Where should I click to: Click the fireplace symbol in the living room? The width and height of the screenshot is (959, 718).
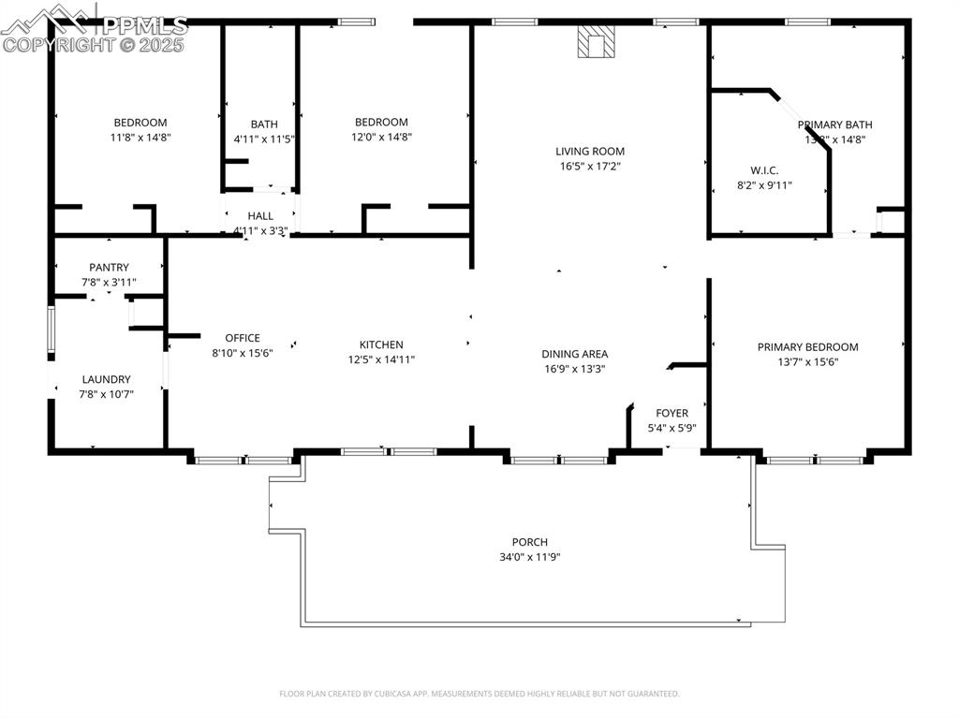pyautogui.click(x=596, y=42)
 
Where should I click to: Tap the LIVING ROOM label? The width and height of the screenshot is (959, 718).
pyautogui.click(x=589, y=151)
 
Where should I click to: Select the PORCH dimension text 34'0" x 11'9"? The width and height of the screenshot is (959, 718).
pyautogui.click(x=529, y=557)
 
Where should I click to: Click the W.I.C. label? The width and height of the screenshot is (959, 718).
pyautogui.click(x=764, y=170)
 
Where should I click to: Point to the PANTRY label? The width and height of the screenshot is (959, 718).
pyautogui.click(x=109, y=268)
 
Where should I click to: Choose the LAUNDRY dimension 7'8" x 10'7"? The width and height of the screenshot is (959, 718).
pyautogui.click(x=107, y=394)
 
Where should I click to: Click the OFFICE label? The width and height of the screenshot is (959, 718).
pyautogui.click(x=243, y=338)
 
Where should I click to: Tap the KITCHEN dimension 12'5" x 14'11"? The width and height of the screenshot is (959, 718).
pyautogui.click(x=381, y=359)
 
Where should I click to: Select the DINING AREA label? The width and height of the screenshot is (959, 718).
pyautogui.click(x=574, y=354)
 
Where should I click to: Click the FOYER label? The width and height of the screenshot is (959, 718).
pyautogui.click(x=671, y=413)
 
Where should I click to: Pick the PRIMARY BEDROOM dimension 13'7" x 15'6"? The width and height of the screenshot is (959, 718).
pyautogui.click(x=807, y=361)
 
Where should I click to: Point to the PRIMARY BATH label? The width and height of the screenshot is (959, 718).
pyautogui.click(x=834, y=125)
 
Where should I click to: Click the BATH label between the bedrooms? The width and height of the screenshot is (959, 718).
pyautogui.click(x=264, y=125)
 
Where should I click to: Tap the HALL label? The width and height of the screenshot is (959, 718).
pyautogui.click(x=260, y=216)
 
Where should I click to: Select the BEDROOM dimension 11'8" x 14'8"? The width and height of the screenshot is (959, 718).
pyautogui.click(x=140, y=137)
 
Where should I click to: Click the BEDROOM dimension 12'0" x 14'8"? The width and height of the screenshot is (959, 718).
pyautogui.click(x=381, y=137)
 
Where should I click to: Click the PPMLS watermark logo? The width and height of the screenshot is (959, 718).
pyautogui.click(x=94, y=28)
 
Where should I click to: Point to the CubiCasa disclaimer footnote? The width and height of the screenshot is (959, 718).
pyautogui.click(x=479, y=694)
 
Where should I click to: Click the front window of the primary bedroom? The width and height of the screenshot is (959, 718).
pyautogui.click(x=815, y=460)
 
